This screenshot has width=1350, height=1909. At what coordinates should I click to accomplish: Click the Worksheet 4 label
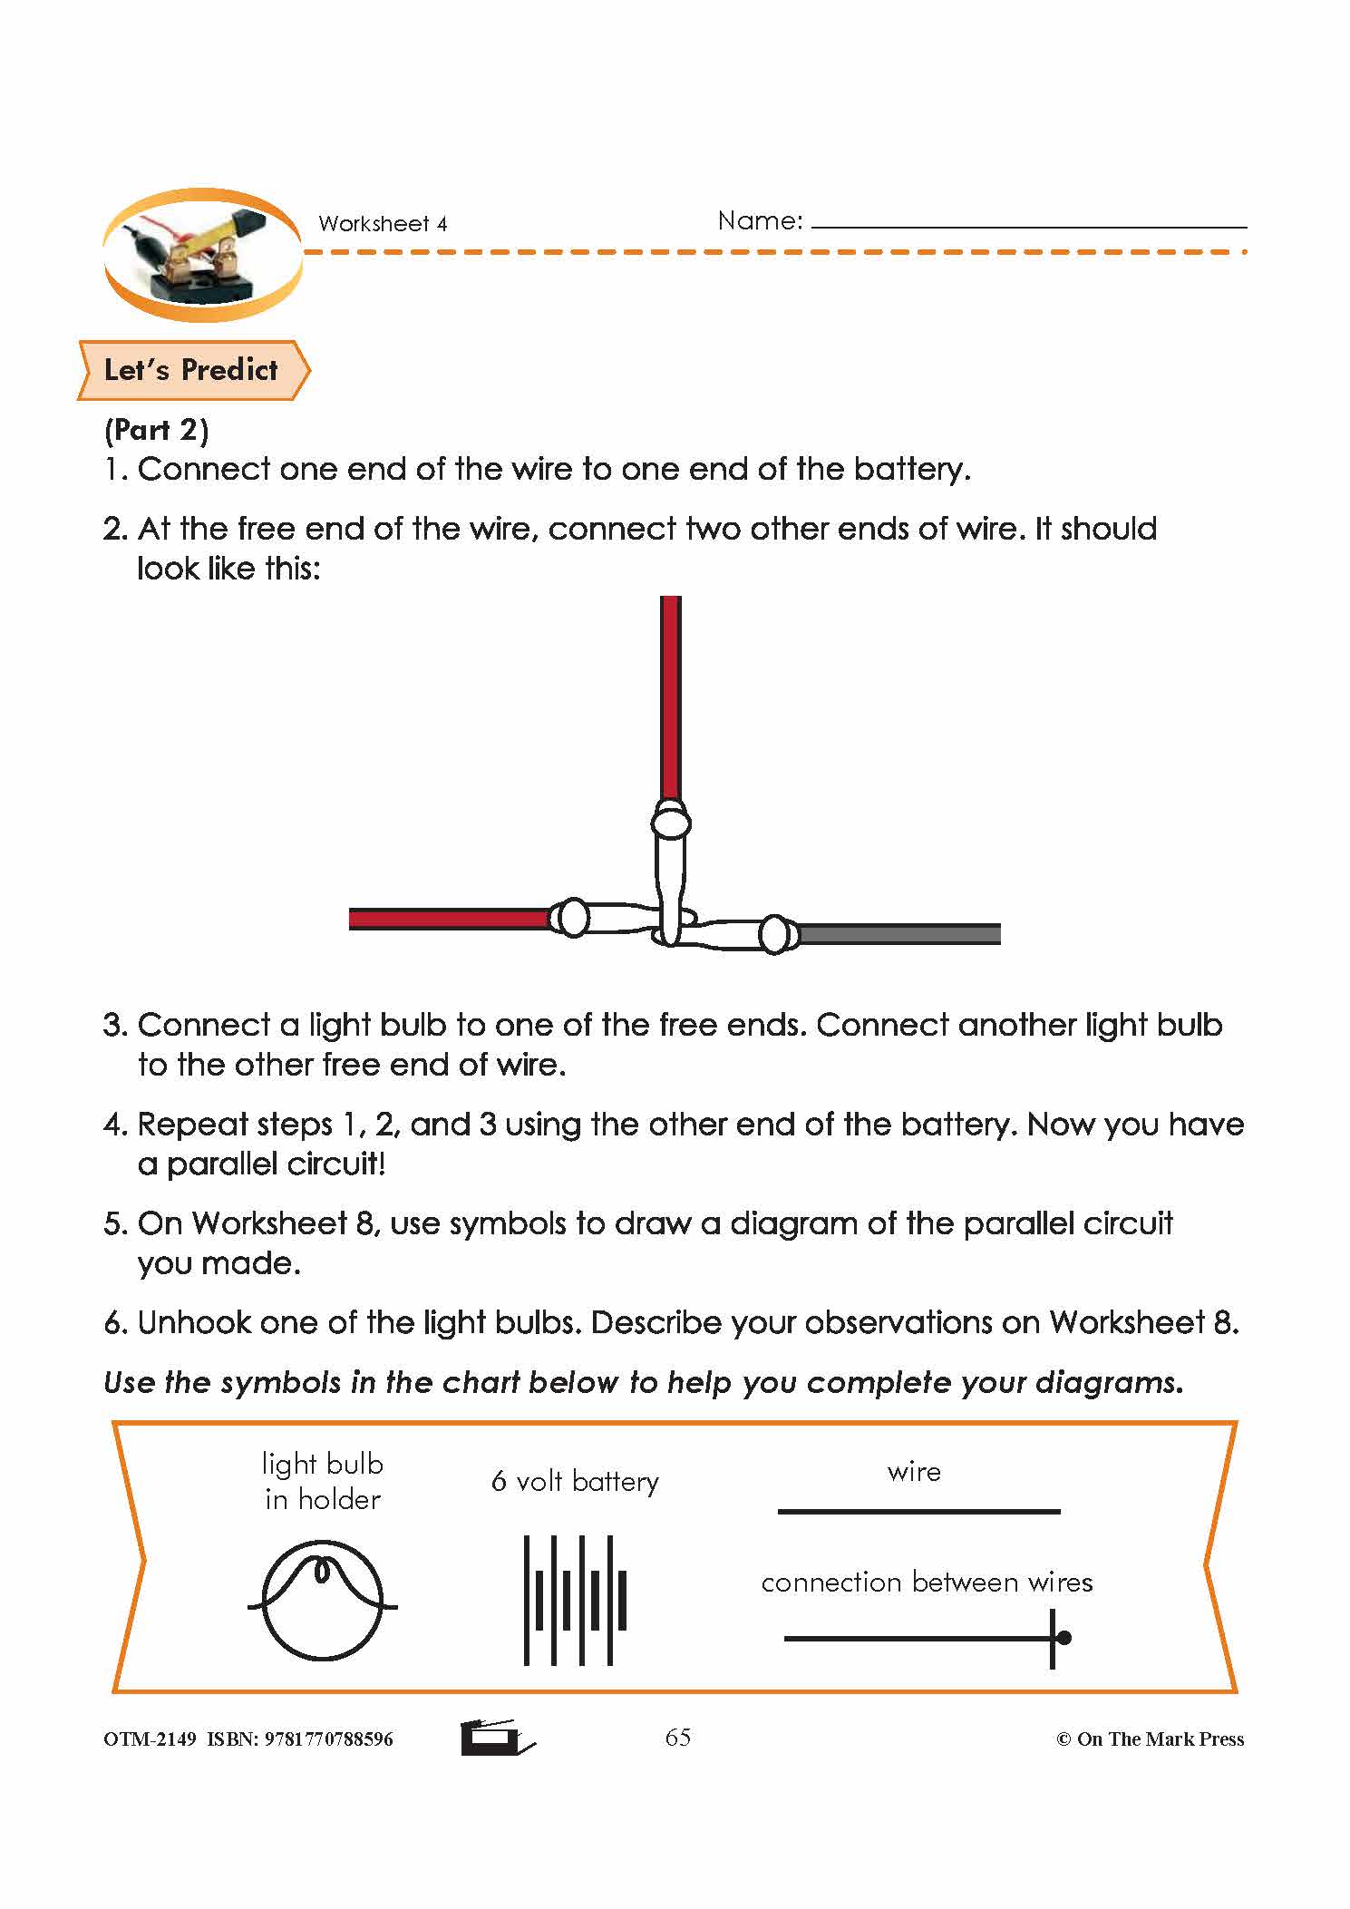(x=383, y=224)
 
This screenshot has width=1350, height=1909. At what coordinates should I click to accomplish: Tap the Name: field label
(x=760, y=220)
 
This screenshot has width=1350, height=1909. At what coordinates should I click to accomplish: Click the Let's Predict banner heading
(x=190, y=370)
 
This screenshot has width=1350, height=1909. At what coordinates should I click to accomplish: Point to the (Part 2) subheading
(x=157, y=430)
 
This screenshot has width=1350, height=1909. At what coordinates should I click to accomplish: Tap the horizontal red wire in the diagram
(x=449, y=919)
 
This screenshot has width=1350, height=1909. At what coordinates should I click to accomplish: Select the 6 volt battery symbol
(x=575, y=1601)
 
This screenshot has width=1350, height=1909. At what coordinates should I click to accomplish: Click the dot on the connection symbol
(x=1064, y=1638)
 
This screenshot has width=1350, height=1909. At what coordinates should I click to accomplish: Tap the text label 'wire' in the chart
(x=914, y=1472)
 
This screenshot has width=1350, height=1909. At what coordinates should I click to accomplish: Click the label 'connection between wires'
(x=927, y=1583)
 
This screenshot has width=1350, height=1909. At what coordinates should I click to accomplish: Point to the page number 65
(x=678, y=1738)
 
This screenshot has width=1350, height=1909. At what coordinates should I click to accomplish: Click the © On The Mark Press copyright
(x=1151, y=1739)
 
